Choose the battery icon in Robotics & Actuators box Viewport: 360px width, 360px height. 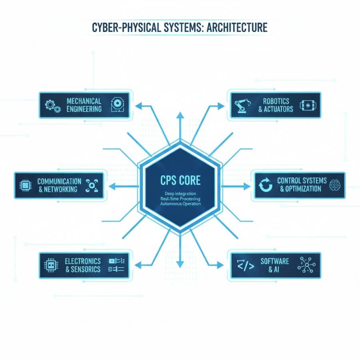tap(308, 105)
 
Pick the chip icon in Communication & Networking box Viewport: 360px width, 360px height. tap(26, 185)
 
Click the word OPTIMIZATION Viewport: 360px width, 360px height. tap(300, 189)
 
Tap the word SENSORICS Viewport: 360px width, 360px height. tap(86, 269)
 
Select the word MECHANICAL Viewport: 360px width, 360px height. tap(84, 101)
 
